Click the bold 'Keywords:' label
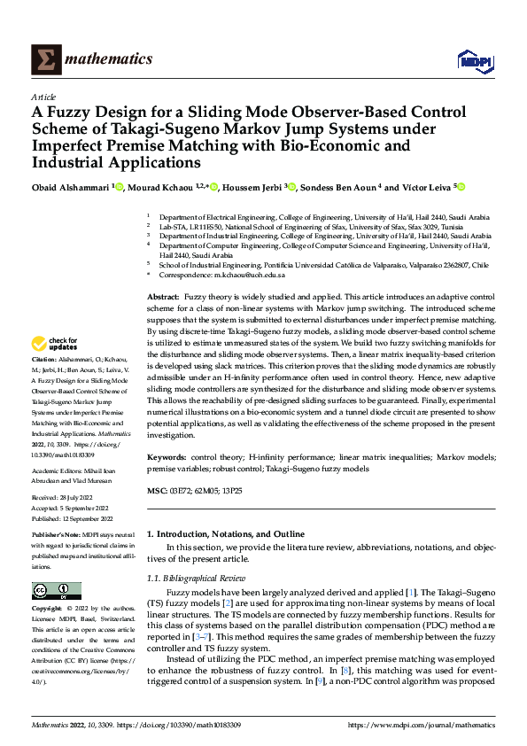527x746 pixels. pos(166,456)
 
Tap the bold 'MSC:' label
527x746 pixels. pos(156,490)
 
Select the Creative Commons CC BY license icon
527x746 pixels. pos(56,591)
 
